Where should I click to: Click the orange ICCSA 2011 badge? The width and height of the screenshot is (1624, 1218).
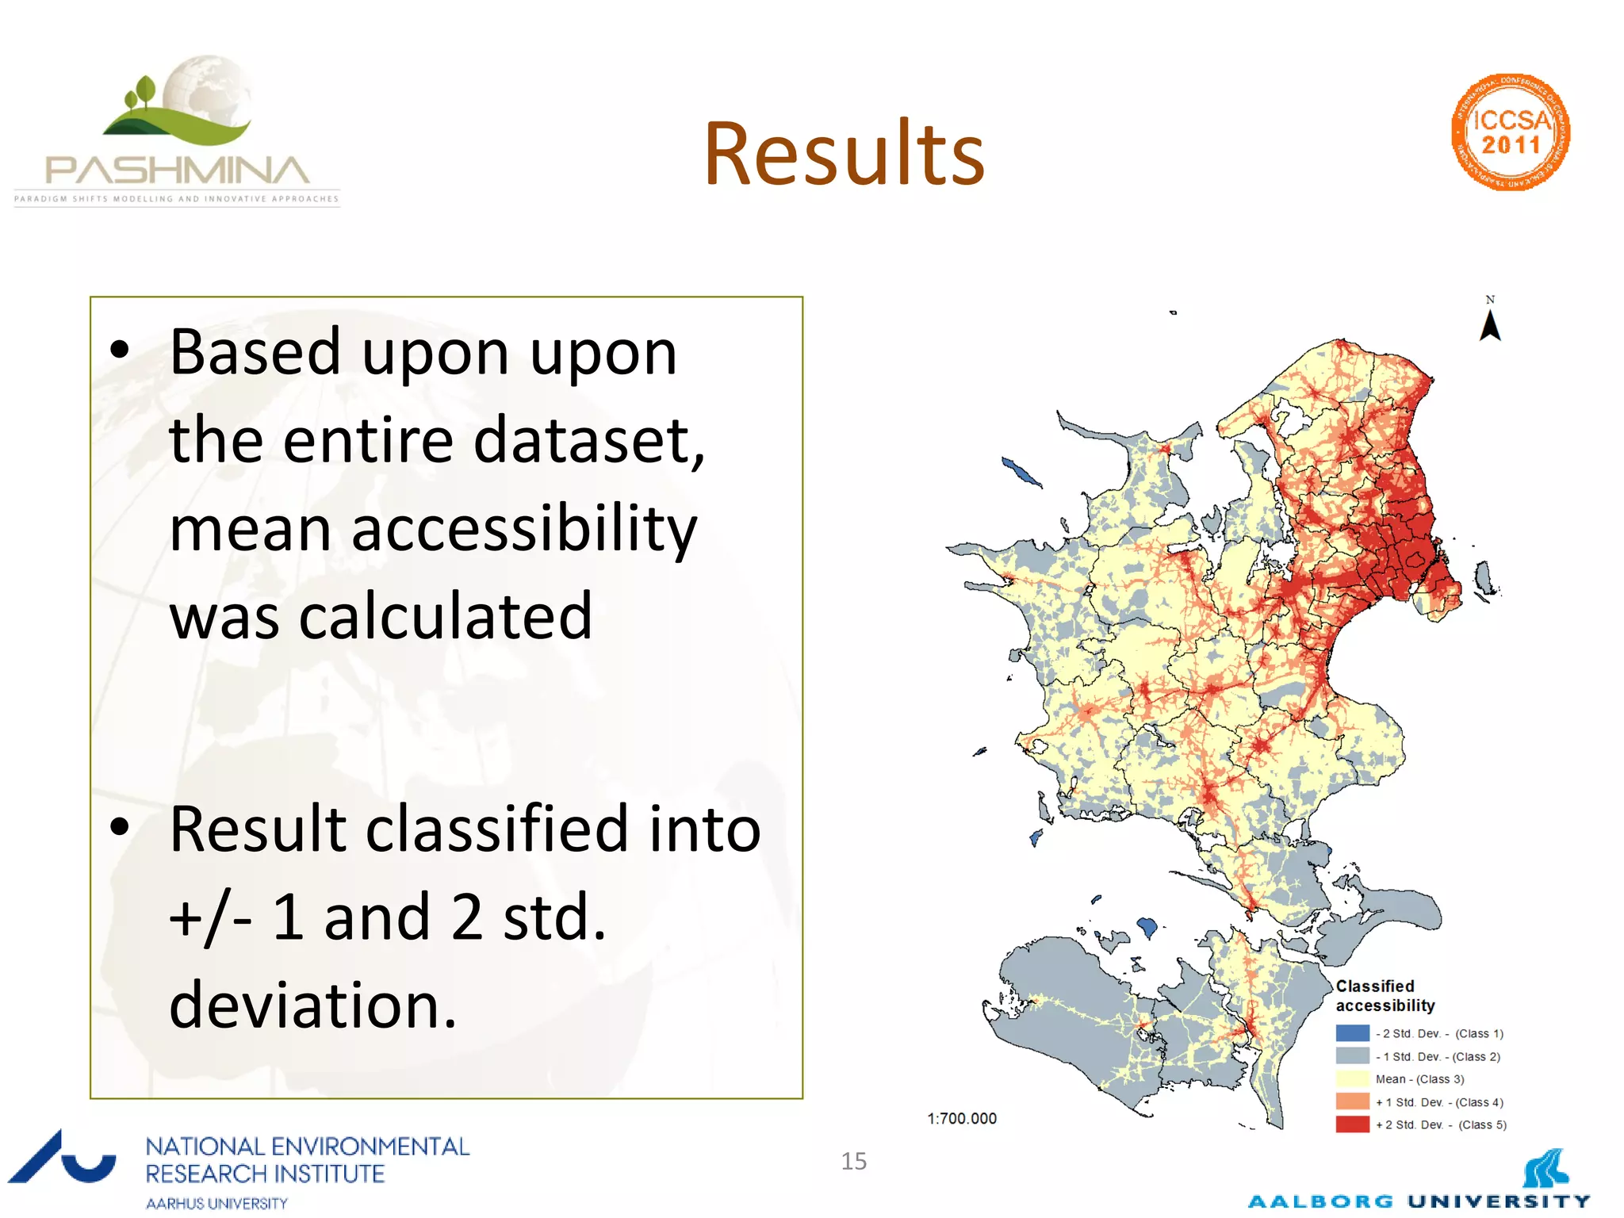tap(1511, 132)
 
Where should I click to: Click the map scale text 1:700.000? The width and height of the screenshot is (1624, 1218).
tap(962, 1118)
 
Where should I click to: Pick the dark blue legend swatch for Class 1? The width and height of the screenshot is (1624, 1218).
tap(1352, 1033)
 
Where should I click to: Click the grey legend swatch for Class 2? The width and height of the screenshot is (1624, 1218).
tap(1352, 1056)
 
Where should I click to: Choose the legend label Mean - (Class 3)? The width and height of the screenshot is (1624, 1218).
tap(1419, 1079)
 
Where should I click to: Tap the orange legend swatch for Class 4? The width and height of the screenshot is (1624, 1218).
tap(1352, 1101)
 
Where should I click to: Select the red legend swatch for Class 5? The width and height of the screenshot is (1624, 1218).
tap(1352, 1124)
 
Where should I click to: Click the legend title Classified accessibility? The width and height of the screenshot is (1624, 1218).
tap(1385, 996)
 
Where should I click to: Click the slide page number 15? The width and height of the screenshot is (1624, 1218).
tap(853, 1161)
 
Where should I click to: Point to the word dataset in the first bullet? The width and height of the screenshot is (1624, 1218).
tap(587, 441)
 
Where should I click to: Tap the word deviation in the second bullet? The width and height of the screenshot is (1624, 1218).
tap(312, 1005)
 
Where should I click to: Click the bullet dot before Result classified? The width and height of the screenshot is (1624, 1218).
tap(120, 828)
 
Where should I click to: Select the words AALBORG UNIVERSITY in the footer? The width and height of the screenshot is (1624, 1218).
tap(1419, 1201)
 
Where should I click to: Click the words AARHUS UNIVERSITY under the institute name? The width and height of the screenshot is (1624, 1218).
tap(216, 1203)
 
